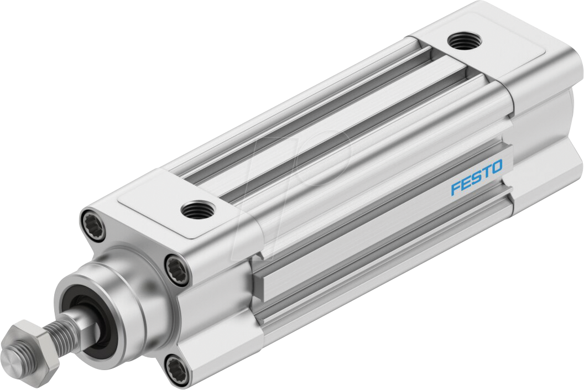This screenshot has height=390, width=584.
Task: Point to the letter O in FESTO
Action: pyautogui.click(x=496, y=167)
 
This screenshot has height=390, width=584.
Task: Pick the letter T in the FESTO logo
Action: pyautogui.click(x=486, y=173)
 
